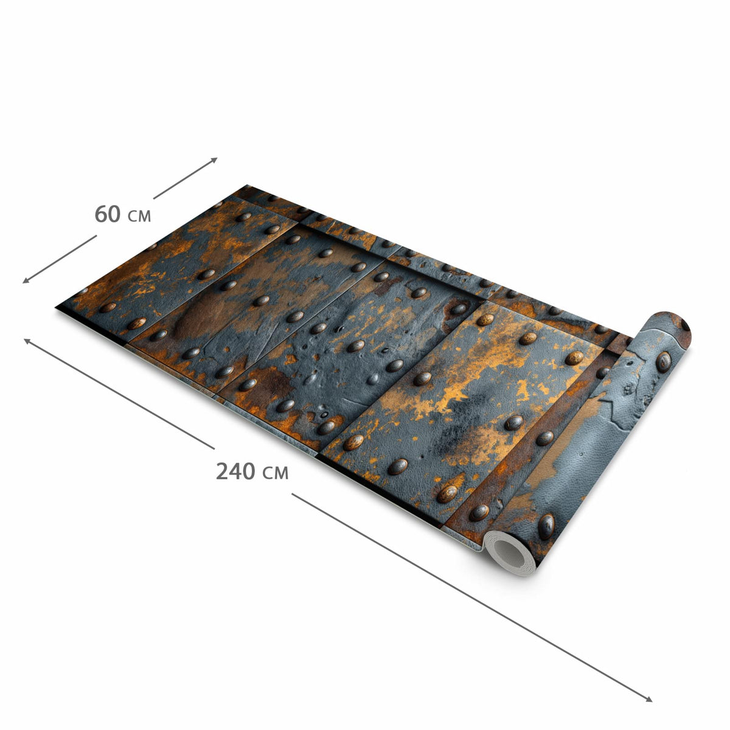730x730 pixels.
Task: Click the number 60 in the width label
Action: coord(108,214)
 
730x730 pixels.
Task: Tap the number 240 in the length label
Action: coord(235,471)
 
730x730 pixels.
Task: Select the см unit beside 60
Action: coord(139,217)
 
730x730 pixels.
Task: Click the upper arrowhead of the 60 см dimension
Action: coord(214,159)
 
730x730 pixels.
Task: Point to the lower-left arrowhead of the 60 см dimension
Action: coord(26,280)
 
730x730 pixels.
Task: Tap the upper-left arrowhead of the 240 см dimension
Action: coord(27,341)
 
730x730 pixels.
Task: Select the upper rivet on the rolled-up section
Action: coord(663,362)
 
